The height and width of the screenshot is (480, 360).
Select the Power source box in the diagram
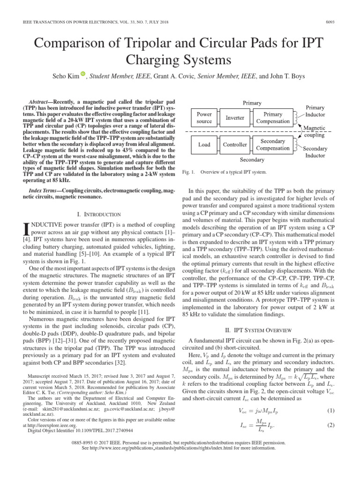(204, 118)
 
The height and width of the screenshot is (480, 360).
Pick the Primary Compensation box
(273, 118)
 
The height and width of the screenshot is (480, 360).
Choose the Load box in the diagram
(204, 144)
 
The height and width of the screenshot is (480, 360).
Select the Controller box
(235, 144)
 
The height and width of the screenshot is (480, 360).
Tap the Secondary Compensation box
(273, 144)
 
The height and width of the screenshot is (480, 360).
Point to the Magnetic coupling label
(314, 131)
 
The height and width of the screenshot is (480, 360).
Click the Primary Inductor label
(315, 111)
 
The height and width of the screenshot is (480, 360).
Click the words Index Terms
(45, 190)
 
